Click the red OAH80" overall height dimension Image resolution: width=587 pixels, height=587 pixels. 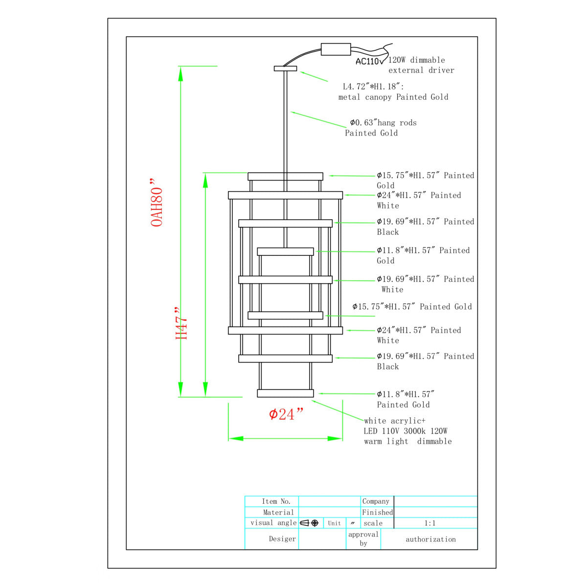tap(157, 203)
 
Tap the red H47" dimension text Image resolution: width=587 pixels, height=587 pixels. tap(181, 323)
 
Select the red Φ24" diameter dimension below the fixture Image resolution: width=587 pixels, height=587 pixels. tap(286, 414)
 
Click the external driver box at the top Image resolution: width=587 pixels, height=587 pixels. tap(336, 49)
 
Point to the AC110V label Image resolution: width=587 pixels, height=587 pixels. tap(369, 61)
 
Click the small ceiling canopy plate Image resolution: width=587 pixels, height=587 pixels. tap(285, 68)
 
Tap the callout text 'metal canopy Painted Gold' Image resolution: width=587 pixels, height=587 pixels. tap(393, 97)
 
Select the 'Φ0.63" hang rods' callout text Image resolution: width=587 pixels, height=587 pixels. tap(383, 122)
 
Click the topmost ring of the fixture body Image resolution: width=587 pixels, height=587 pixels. tap(285, 177)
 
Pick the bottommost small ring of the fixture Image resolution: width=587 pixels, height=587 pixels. tap(285, 393)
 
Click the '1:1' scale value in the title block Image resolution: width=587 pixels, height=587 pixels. tap(430, 523)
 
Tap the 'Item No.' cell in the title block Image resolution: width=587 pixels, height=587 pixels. tap(276, 501)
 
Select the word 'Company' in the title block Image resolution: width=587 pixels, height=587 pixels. tap(376, 501)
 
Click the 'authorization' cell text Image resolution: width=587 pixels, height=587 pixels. tap(430, 539)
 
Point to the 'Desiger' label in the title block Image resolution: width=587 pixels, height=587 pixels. tap(282, 539)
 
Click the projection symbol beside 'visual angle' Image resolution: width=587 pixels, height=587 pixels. tap(309, 523)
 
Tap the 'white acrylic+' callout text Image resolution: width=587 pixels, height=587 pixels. tap(394, 421)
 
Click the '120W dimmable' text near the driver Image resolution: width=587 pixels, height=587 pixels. tap(416, 60)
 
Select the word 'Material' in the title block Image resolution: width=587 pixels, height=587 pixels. tap(278, 512)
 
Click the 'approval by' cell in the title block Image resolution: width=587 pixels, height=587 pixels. tap(363, 539)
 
